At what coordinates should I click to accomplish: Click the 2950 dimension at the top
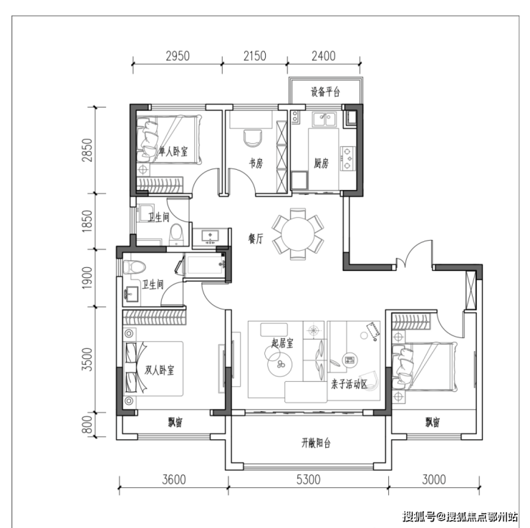point(178,56)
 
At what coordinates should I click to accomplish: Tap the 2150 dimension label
point(255,56)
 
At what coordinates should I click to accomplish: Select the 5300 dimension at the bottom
point(308,480)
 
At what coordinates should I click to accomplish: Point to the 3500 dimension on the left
point(87,360)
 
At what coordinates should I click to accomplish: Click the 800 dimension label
point(87,425)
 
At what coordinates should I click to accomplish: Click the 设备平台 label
point(325,92)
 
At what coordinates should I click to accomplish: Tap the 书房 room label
point(256,163)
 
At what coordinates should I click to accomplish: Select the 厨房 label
point(321,163)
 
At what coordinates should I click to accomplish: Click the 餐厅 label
point(256,239)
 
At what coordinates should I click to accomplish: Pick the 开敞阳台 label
point(316,443)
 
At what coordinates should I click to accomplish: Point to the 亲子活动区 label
point(349,384)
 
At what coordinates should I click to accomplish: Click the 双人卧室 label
point(159,370)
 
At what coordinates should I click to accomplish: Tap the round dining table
point(298,234)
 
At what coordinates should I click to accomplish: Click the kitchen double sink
point(324,120)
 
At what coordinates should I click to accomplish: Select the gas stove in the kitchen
point(348,158)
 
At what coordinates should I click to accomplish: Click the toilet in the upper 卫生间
point(175,234)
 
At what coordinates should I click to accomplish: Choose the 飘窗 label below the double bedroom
point(175,422)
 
